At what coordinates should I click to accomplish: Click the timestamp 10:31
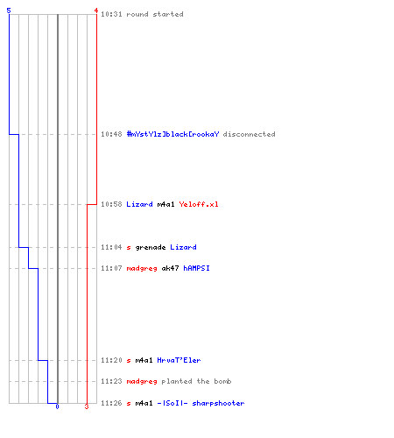pyautogui.click(x=111, y=14)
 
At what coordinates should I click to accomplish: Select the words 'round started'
pyautogui.click(x=155, y=14)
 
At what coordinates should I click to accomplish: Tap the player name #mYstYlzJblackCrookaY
pyautogui.click(x=172, y=134)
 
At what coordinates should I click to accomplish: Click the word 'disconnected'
pyautogui.click(x=249, y=134)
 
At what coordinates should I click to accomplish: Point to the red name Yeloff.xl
pyautogui.click(x=199, y=204)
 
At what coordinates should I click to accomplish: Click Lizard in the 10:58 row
pyautogui.click(x=139, y=204)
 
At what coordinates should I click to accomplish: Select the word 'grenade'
pyautogui.click(x=151, y=247)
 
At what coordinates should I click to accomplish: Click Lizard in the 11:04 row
pyautogui.click(x=183, y=247)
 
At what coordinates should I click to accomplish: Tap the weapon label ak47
pyautogui.click(x=170, y=268)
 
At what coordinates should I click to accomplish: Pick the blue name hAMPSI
pyautogui.click(x=196, y=268)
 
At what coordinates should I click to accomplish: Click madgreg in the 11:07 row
pyautogui.click(x=142, y=268)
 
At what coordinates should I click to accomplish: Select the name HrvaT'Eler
pyautogui.click(x=179, y=360)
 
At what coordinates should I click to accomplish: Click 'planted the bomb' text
pyautogui.click(x=196, y=381)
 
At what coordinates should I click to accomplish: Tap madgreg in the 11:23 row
pyautogui.click(x=142, y=382)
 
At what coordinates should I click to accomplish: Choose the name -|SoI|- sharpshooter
pyautogui.click(x=201, y=403)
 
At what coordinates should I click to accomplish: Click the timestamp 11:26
pyautogui.click(x=111, y=403)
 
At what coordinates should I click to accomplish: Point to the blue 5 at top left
pyautogui.click(x=9, y=11)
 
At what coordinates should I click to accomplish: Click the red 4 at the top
pyautogui.click(x=96, y=11)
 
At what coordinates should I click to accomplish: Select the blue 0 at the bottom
pyautogui.click(x=57, y=406)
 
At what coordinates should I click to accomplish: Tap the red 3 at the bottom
pyautogui.click(x=87, y=406)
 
